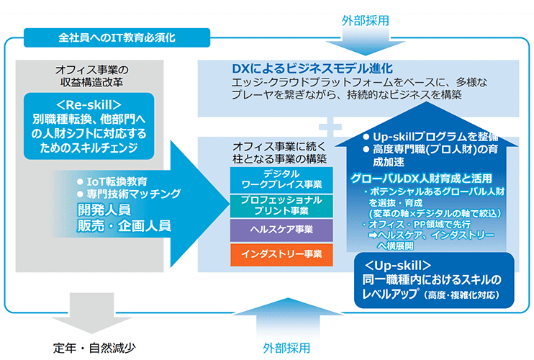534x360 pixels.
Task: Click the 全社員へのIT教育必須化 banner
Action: click(x=117, y=37)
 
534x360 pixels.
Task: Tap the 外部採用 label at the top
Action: click(x=365, y=21)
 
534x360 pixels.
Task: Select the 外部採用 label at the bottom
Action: click(x=286, y=348)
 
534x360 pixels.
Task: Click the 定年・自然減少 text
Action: click(x=94, y=348)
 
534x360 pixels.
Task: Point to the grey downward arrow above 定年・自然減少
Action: click(x=91, y=312)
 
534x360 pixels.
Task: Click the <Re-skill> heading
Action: click(x=89, y=105)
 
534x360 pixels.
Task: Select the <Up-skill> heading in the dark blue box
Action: click(x=397, y=265)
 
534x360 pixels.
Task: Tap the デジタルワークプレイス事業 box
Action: click(x=281, y=179)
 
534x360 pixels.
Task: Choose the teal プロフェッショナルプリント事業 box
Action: click(x=281, y=205)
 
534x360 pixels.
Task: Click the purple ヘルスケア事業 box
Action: click(x=281, y=230)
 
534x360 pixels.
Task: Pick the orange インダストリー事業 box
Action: click(x=281, y=254)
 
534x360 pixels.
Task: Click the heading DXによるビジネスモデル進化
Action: click(x=312, y=68)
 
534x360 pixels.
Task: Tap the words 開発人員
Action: click(x=104, y=210)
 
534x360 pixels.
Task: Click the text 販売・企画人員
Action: click(x=124, y=225)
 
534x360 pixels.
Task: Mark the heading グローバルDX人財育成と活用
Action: click(x=421, y=178)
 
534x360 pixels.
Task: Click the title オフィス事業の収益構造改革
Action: click(x=92, y=76)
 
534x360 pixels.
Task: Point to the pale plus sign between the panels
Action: click(x=330, y=127)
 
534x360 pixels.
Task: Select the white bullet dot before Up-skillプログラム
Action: click(x=366, y=137)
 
